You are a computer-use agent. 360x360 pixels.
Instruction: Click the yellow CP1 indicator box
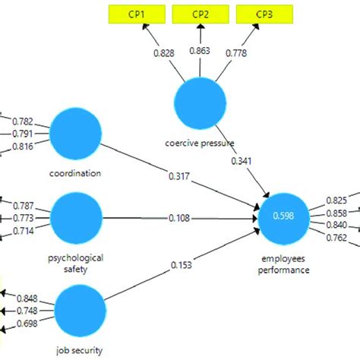[x=137, y=13]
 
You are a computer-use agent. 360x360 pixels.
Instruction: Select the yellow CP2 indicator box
[x=201, y=13]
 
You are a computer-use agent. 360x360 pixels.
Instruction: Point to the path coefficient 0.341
[x=242, y=162]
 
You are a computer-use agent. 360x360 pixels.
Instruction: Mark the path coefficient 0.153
[x=179, y=264]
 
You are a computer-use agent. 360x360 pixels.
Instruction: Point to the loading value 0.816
[x=24, y=147]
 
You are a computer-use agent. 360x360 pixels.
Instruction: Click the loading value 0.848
[x=26, y=298]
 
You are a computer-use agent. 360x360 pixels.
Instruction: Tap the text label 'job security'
[x=79, y=350]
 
